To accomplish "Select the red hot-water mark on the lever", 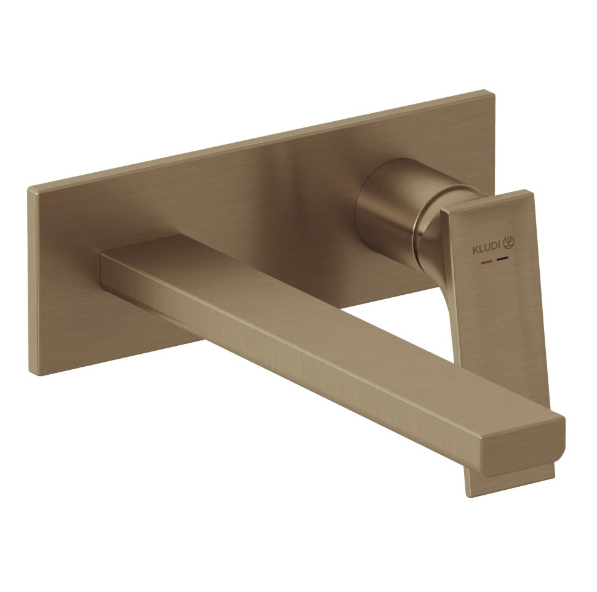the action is click(x=487, y=262).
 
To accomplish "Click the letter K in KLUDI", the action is click(x=475, y=251).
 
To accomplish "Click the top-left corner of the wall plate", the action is click(x=29, y=187).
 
